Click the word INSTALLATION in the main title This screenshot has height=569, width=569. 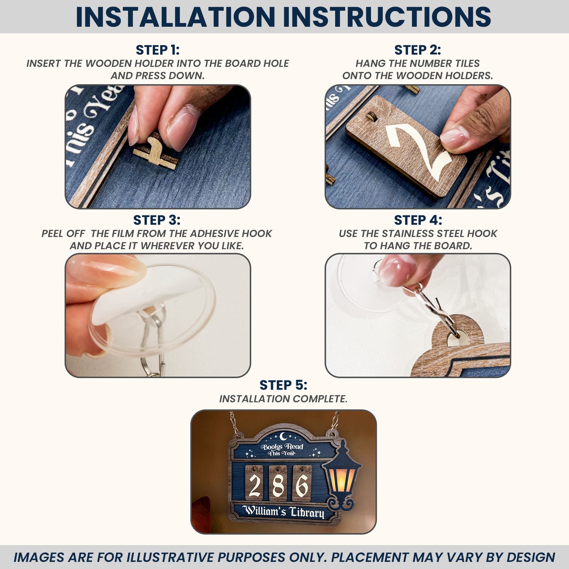(175, 17)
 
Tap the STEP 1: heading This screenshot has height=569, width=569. (158, 50)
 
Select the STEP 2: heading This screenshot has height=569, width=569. (417, 50)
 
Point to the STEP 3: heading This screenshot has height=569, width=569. (157, 220)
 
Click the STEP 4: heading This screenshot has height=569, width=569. (418, 220)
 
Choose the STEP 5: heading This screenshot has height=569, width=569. (284, 385)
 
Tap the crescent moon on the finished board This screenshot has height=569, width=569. (283, 436)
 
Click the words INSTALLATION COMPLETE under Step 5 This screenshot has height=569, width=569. (284, 399)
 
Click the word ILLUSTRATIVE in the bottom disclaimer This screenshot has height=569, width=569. (169, 557)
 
